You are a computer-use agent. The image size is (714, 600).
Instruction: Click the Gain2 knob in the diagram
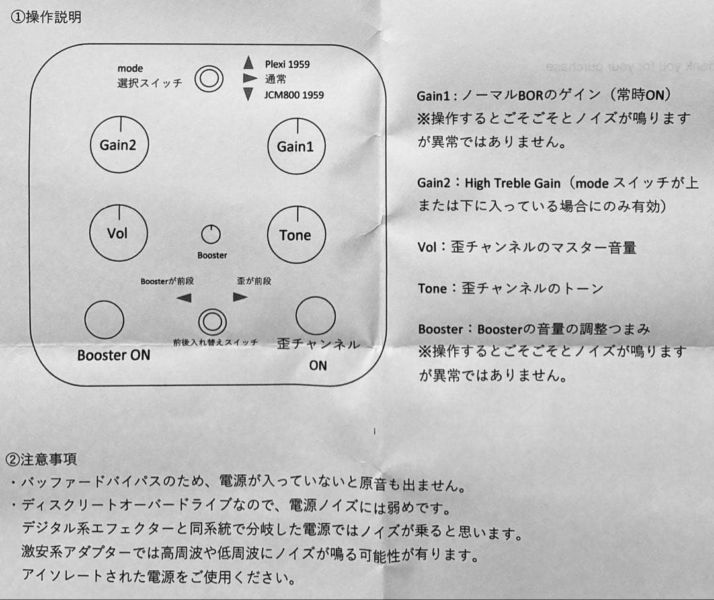(119, 145)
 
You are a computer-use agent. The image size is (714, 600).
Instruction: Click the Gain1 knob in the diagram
(296, 146)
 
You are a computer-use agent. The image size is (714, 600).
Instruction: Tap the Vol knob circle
(118, 232)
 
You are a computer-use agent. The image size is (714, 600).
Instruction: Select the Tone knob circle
(295, 234)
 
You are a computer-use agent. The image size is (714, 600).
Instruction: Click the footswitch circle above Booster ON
(104, 319)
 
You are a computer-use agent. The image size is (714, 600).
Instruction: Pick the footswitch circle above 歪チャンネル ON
(315, 316)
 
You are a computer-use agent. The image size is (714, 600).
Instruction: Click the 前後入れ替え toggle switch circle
(212, 321)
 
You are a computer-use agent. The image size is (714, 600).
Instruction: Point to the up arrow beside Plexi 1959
(249, 63)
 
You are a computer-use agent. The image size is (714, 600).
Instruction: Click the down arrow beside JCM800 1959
(249, 95)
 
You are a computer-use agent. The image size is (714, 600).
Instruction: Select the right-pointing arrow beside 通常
(249, 79)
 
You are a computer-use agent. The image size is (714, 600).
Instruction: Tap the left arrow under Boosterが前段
(184, 298)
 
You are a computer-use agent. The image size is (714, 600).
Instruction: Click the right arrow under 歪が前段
(240, 297)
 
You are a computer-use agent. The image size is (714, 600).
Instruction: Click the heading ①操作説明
(46, 17)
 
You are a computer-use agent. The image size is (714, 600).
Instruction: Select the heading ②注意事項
(41, 458)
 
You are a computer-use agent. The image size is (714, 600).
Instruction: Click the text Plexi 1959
(287, 64)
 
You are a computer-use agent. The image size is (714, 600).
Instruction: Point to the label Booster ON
(114, 355)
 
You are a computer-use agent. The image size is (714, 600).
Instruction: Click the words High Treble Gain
(512, 183)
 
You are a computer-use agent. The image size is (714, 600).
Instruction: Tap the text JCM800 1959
(294, 95)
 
